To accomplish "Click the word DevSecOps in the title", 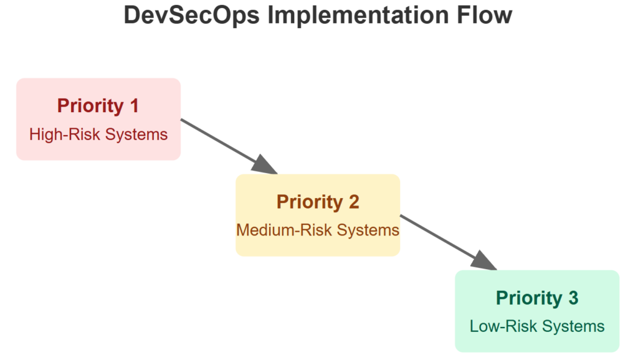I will point(191,15).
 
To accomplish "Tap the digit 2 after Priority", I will point(353,202).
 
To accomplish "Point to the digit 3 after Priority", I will point(573,298).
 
